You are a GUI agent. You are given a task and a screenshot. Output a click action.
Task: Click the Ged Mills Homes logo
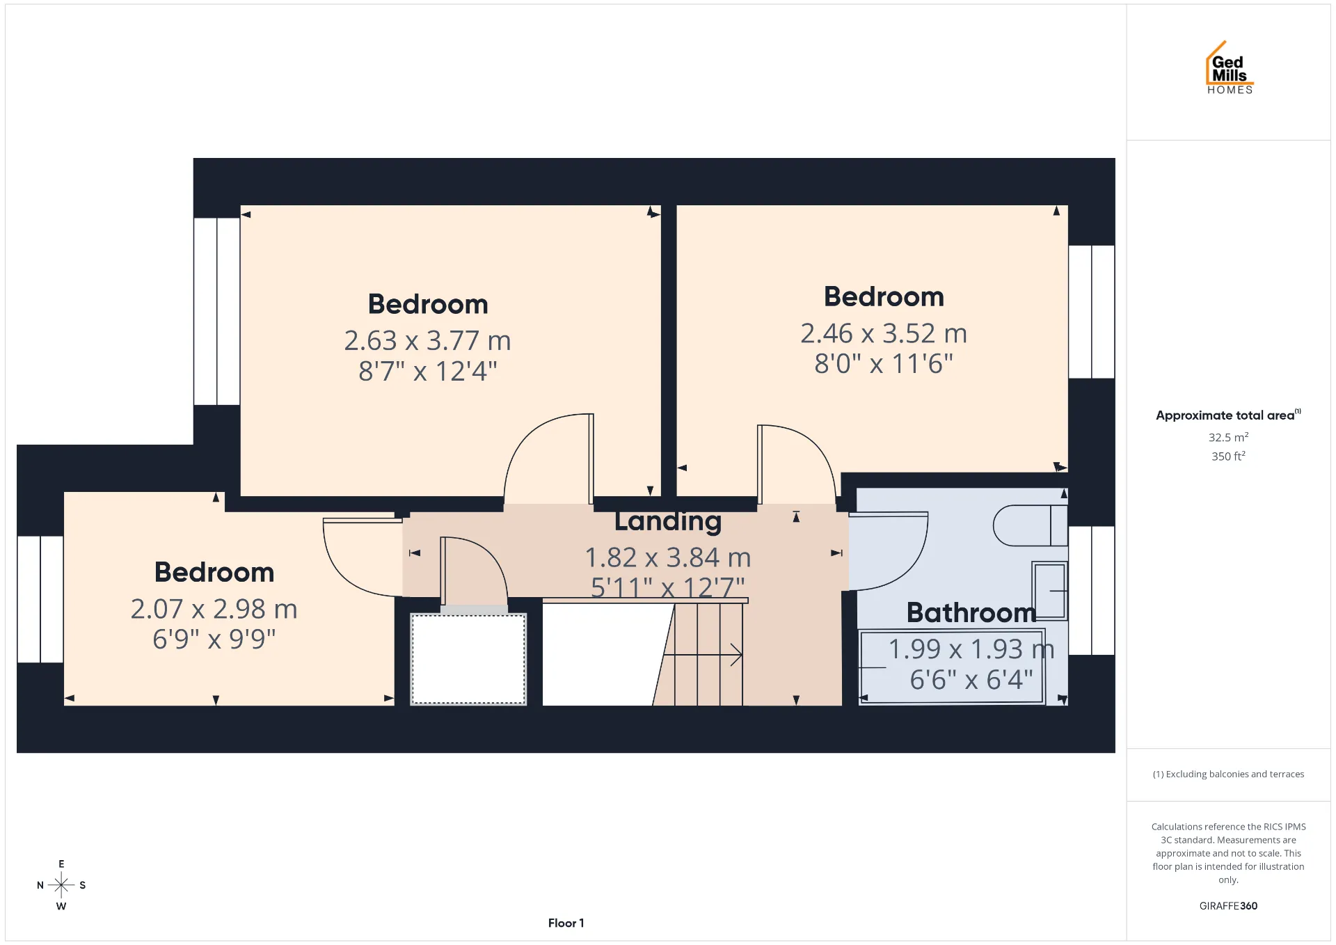(1230, 67)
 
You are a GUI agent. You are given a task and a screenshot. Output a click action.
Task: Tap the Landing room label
(668, 522)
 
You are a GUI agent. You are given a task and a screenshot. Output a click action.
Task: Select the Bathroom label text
(971, 612)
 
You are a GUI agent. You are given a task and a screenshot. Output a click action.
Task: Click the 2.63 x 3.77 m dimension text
(427, 340)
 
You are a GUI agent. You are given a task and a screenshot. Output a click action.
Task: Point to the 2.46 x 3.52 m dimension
(884, 333)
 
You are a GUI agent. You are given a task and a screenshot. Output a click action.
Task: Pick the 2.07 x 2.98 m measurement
(214, 609)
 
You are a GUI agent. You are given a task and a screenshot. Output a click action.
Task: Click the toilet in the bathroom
(1030, 525)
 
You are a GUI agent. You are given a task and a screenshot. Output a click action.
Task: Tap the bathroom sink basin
(1049, 591)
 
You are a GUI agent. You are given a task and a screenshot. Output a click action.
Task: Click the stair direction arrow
(703, 655)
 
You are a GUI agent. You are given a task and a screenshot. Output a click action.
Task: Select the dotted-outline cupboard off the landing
(468, 659)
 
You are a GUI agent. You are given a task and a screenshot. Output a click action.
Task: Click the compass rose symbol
(61, 885)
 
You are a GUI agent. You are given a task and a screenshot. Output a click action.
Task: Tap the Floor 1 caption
(566, 923)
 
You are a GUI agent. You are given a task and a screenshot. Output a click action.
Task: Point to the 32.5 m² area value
(1228, 437)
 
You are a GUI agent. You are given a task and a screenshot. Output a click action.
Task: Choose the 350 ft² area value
(1228, 456)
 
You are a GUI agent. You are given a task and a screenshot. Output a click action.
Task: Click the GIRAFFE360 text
(1228, 905)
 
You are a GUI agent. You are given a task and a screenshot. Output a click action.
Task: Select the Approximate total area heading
(1228, 415)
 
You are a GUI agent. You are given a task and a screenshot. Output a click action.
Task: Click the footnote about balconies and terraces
(1228, 774)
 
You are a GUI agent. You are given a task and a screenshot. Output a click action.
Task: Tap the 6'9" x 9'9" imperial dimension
(214, 639)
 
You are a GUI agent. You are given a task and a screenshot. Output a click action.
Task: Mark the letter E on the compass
(61, 864)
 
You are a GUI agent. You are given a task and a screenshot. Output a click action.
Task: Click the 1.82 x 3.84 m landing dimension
(668, 557)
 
